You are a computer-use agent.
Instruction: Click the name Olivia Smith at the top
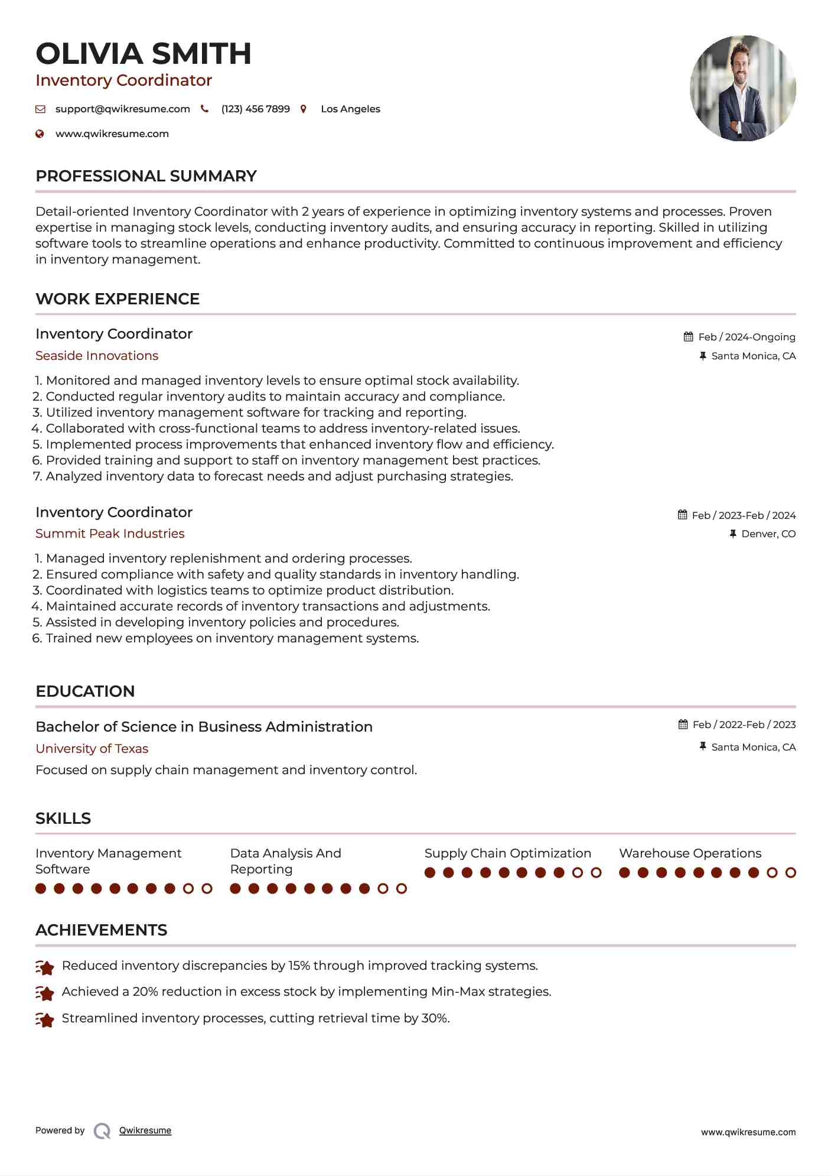[144, 54]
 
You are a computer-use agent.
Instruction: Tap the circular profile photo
[742, 89]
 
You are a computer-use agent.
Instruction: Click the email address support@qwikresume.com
[123, 109]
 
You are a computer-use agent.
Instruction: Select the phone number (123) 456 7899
[255, 109]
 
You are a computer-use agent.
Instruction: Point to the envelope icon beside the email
[40, 109]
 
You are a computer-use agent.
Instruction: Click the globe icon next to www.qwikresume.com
[40, 134]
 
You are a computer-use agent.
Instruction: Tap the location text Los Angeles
[350, 109]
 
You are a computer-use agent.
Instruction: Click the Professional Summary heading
[146, 176]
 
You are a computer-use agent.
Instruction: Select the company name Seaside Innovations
[97, 356]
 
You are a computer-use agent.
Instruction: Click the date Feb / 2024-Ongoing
[747, 337]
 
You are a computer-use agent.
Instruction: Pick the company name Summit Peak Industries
[110, 534]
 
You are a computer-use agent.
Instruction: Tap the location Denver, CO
[768, 534]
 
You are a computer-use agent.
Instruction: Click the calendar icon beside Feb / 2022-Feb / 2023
[683, 725]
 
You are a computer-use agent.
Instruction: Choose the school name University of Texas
[92, 749]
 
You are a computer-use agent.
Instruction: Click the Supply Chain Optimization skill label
[507, 853]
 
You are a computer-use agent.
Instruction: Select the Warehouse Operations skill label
[690, 853]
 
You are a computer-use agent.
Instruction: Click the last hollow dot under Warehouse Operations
[791, 873]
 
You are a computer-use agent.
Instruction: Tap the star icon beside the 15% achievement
[45, 967]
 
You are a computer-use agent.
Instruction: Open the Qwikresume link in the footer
[145, 1130]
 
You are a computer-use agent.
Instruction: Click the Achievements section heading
[101, 930]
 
